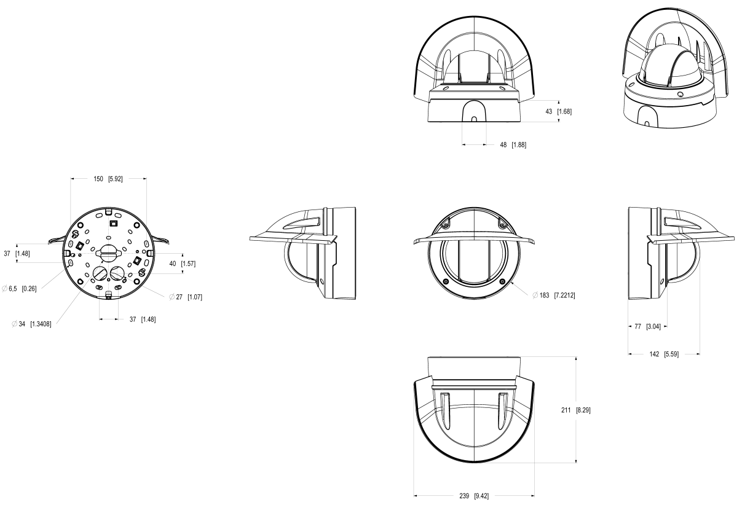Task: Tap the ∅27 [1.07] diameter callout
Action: (x=186, y=297)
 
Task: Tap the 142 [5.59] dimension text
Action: (x=665, y=354)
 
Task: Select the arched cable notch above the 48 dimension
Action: (x=474, y=111)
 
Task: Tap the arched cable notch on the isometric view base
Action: (x=644, y=116)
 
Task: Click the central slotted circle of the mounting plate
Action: (x=107, y=251)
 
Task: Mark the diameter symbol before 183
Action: (x=537, y=296)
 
